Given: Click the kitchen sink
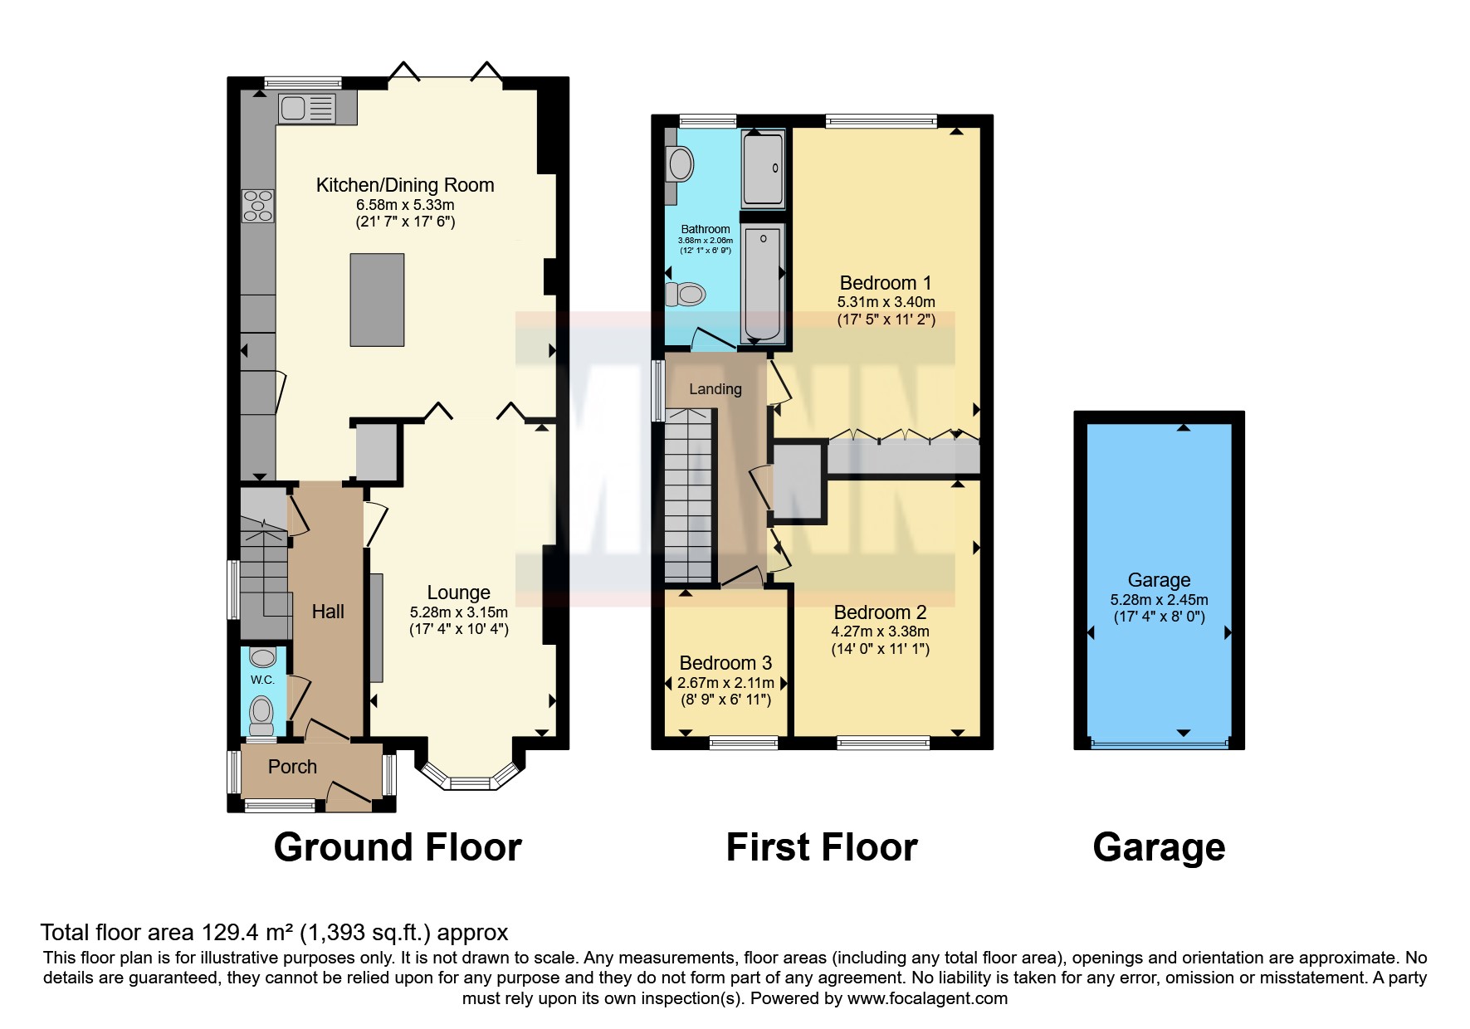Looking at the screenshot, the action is [307, 109].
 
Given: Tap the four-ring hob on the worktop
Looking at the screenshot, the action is [257, 206].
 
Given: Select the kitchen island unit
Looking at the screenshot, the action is [377, 300].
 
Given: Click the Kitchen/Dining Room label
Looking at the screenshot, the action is [405, 185].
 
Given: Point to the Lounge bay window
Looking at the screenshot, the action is [471, 776].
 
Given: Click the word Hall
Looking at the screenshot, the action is [328, 612].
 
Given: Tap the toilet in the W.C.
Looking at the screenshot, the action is [262, 714].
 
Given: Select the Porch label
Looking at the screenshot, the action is [292, 767].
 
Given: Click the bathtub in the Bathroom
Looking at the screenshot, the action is [762, 283].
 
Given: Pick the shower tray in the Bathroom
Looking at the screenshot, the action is [764, 167].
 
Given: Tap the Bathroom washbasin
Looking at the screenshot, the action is [680, 164].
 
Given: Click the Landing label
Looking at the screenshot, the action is [715, 389].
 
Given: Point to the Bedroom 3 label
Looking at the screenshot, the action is [725, 663].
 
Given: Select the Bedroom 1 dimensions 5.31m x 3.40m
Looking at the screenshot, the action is [886, 302].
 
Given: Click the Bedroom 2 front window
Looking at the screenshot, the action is [883, 743].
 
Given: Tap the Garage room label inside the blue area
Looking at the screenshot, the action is [1159, 580].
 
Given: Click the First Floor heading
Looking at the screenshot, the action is [822, 847].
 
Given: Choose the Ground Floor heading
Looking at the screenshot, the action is [398, 847].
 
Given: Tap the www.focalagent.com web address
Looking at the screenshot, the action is [927, 998].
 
